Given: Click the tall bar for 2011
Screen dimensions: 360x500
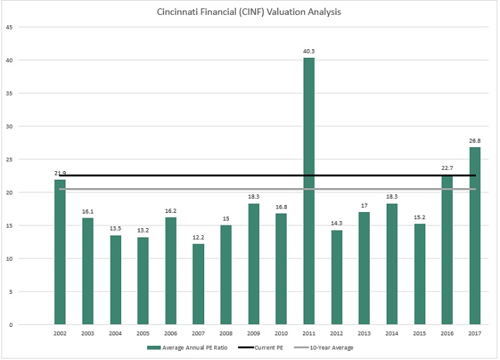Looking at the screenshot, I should pos(308,190).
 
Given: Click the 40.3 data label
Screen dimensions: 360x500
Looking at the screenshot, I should pos(308,51).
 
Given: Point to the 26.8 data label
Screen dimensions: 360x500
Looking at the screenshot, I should pos(475,140).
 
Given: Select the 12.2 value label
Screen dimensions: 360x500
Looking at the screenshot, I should pos(198,237).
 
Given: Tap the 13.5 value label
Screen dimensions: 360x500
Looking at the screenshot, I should pos(115,229).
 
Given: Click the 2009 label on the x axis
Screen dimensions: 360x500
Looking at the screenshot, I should pos(254,333).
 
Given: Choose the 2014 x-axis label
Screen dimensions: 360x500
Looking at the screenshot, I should pos(392,333).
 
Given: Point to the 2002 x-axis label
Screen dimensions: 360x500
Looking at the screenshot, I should pos(60,333).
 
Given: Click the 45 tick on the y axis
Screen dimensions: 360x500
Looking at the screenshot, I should pos(9,27).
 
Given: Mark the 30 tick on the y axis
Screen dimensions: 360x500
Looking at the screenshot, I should pos(9,126).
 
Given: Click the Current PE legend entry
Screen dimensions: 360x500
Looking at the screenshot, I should pos(267,347).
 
